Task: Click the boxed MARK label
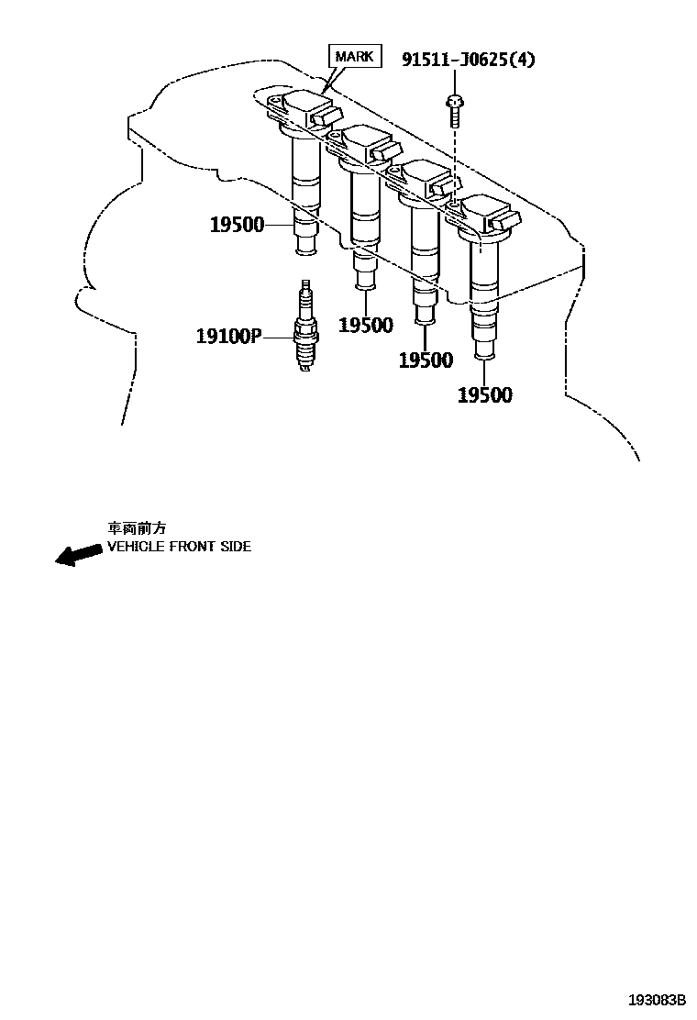tap(354, 57)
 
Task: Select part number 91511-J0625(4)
tap(468, 60)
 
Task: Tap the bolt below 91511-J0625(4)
tap(453, 110)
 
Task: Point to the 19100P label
tap(227, 337)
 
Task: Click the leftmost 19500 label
tap(237, 225)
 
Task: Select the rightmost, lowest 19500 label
tap(485, 395)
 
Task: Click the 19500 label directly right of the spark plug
tap(365, 325)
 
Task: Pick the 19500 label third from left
tap(426, 360)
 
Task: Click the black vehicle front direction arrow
tap(78, 554)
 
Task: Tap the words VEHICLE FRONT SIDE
tap(179, 547)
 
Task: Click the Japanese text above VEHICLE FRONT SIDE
tap(138, 528)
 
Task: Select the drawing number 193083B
tap(657, 999)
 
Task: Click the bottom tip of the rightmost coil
tap(484, 350)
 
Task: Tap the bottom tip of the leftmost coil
tap(304, 246)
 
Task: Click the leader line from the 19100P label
tap(276, 337)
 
